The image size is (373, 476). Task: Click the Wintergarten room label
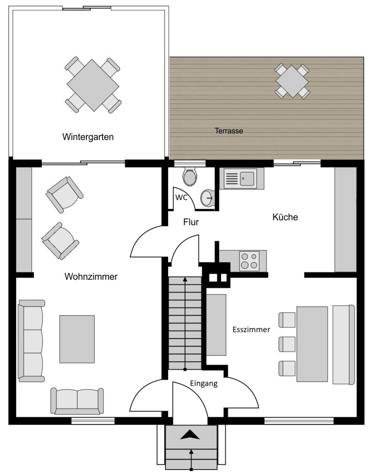click(88, 137)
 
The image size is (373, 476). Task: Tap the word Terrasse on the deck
click(229, 131)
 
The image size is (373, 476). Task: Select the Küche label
click(285, 217)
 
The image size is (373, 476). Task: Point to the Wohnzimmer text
click(91, 276)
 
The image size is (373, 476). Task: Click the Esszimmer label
click(251, 330)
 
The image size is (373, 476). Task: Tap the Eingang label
click(203, 383)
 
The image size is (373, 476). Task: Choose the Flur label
click(191, 222)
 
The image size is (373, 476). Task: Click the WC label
click(181, 197)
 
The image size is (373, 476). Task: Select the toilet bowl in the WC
click(190, 177)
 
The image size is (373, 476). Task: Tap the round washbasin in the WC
click(208, 198)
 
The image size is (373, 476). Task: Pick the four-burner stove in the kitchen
click(249, 261)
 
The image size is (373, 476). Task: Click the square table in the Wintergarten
click(93, 85)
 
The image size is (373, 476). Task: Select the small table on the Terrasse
click(292, 82)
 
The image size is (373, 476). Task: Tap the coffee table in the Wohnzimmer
click(77, 339)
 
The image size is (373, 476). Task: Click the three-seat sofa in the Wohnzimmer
click(31, 341)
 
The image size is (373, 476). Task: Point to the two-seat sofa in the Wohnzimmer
click(77, 401)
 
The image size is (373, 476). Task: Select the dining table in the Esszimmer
click(312, 344)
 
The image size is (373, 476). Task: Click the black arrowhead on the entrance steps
click(190, 435)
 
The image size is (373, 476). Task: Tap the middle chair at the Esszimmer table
click(287, 344)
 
